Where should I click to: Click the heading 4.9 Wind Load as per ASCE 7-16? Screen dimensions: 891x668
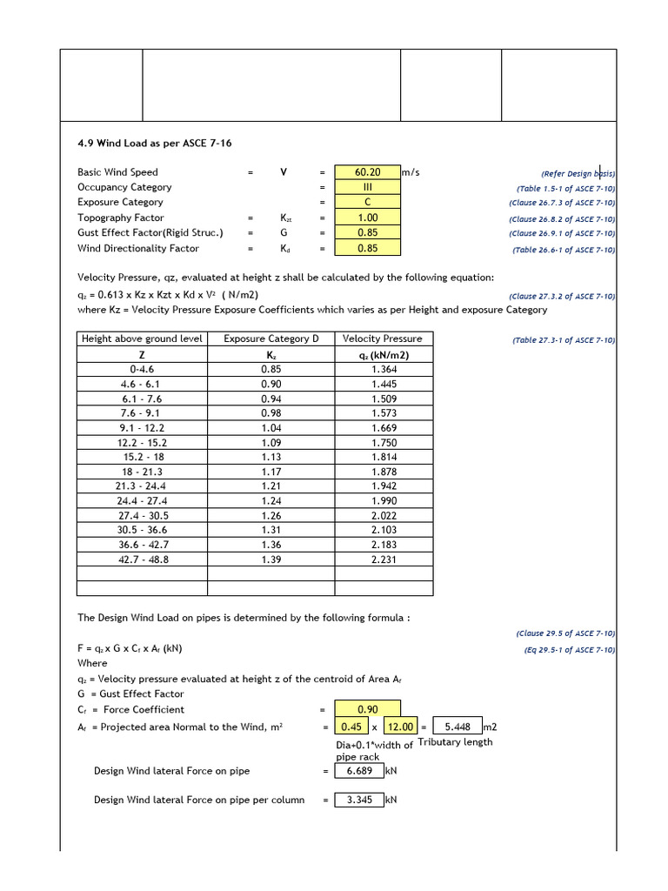[x=154, y=142]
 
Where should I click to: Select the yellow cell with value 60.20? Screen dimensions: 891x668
[x=367, y=172]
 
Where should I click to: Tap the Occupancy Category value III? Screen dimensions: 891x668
[x=367, y=187]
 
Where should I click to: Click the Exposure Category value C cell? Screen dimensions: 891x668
[x=367, y=203]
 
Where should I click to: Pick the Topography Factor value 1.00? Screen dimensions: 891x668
[x=367, y=218]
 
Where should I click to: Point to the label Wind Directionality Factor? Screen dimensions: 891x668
[x=137, y=248]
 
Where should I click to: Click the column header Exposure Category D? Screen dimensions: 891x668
[x=271, y=338]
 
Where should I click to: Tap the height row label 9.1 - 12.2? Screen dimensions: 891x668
[x=142, y=428]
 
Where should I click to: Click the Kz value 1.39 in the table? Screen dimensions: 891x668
[x=271, y=559]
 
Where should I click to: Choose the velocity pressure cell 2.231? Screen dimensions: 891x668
[x=384, y=559]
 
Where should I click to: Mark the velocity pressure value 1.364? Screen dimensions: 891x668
[x=384, y=369]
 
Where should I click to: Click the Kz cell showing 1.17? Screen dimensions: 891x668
[x=271, y=472]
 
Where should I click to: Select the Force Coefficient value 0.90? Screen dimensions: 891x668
[x=367, y=709]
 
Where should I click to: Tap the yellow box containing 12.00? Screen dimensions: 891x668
[x=402, y=727]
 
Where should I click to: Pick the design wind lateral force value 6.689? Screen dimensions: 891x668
[x=359, y=771]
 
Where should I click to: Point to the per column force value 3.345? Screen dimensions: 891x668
[x=359, y=800]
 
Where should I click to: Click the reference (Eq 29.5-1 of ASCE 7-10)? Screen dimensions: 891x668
[x=569, y=650]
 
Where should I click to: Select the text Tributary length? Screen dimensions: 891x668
[x=455, y=742]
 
